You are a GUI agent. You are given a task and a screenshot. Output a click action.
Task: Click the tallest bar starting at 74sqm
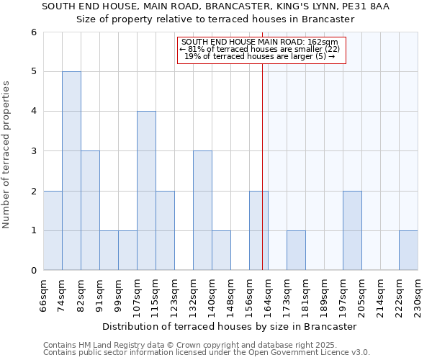(71, 171)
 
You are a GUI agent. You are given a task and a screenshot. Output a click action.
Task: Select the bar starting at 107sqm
(146, 191)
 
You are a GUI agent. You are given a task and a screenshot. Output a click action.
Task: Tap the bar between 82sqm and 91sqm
(90, 210)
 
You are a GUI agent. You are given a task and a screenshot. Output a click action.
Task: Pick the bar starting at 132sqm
(202, 210)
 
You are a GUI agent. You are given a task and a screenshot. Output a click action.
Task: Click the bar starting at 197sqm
(352, 230)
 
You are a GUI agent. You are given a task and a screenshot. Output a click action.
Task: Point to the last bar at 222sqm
(408, 251)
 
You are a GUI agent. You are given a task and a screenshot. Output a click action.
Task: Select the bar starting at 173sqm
(296, 251)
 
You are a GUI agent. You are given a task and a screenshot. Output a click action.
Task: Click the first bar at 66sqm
(53, 230)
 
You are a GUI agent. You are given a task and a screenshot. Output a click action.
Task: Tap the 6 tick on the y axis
(33, 32)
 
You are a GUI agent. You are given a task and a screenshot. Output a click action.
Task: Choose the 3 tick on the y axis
(33, 151)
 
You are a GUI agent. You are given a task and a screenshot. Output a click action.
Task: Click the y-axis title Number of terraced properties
(7, 154)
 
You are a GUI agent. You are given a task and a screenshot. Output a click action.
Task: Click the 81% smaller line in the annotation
(259, 49)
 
